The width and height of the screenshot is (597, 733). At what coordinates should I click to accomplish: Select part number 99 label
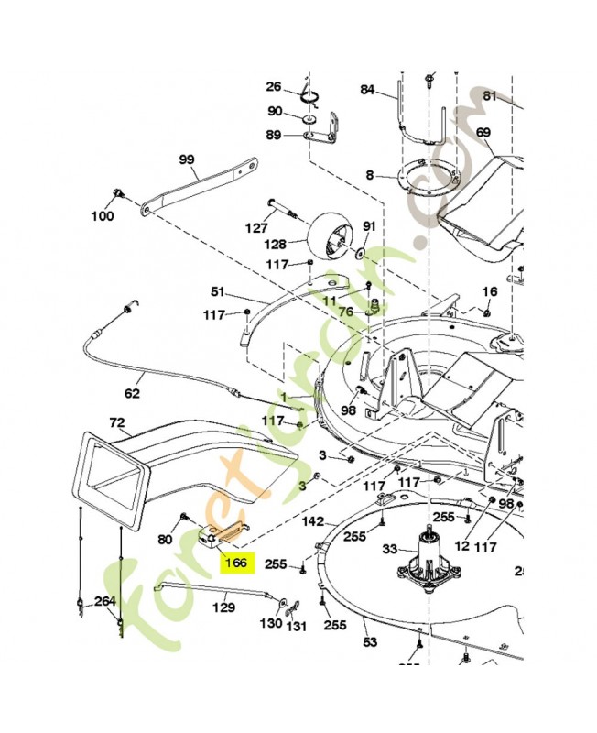pos(187,159)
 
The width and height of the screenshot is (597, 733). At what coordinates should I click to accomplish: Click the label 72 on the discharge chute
pos(116,423)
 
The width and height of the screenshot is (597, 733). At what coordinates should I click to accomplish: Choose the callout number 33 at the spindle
pos(389,549)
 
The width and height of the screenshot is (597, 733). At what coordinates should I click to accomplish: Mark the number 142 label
pos(312,520)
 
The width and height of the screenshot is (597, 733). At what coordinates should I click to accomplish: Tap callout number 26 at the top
pos(273,87)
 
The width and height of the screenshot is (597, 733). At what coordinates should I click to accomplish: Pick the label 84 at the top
pos(367,90)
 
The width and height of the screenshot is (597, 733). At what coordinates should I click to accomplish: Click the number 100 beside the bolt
pos(102,216)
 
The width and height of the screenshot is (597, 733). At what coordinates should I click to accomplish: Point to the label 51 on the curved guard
pos(217,292)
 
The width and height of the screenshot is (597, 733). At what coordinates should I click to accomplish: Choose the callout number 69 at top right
pos(483,133)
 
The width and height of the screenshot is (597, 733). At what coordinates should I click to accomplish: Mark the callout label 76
pos(345,312)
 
